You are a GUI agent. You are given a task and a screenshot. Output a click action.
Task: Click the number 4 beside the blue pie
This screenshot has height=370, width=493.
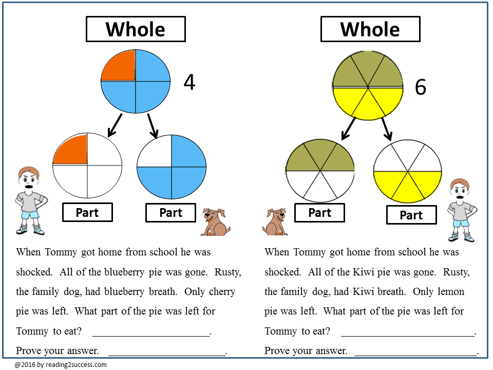click(x=189, y=82)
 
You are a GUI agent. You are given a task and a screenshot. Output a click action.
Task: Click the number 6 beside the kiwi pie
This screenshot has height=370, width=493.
click(x=420, y=87)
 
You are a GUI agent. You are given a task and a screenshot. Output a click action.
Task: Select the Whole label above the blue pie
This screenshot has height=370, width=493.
click(x=136, y=29)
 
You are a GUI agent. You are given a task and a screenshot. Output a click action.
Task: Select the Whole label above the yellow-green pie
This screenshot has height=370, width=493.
click(x=370, y=29)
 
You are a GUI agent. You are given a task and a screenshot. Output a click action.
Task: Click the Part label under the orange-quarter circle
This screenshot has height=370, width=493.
click(x=87, y=212)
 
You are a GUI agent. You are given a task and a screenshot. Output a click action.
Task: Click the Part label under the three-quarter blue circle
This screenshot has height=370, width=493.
click(x=170, y=212)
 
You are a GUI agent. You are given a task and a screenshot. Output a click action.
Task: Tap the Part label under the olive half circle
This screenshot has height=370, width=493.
click(x=319, y=212)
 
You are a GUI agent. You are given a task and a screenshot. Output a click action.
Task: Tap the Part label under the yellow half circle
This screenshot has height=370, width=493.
click(x=411, y=215)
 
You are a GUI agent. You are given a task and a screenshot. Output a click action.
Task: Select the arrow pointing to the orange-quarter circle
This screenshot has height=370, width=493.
click(x=115, y=125)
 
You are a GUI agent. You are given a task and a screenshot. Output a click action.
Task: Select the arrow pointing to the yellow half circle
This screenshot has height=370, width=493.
click(x=387, y=128)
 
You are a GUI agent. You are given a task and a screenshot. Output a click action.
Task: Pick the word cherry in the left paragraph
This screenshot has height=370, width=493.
click(x=222, y=291)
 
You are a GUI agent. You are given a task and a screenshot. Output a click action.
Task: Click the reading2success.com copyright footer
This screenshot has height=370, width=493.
click(x=61, y=365)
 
